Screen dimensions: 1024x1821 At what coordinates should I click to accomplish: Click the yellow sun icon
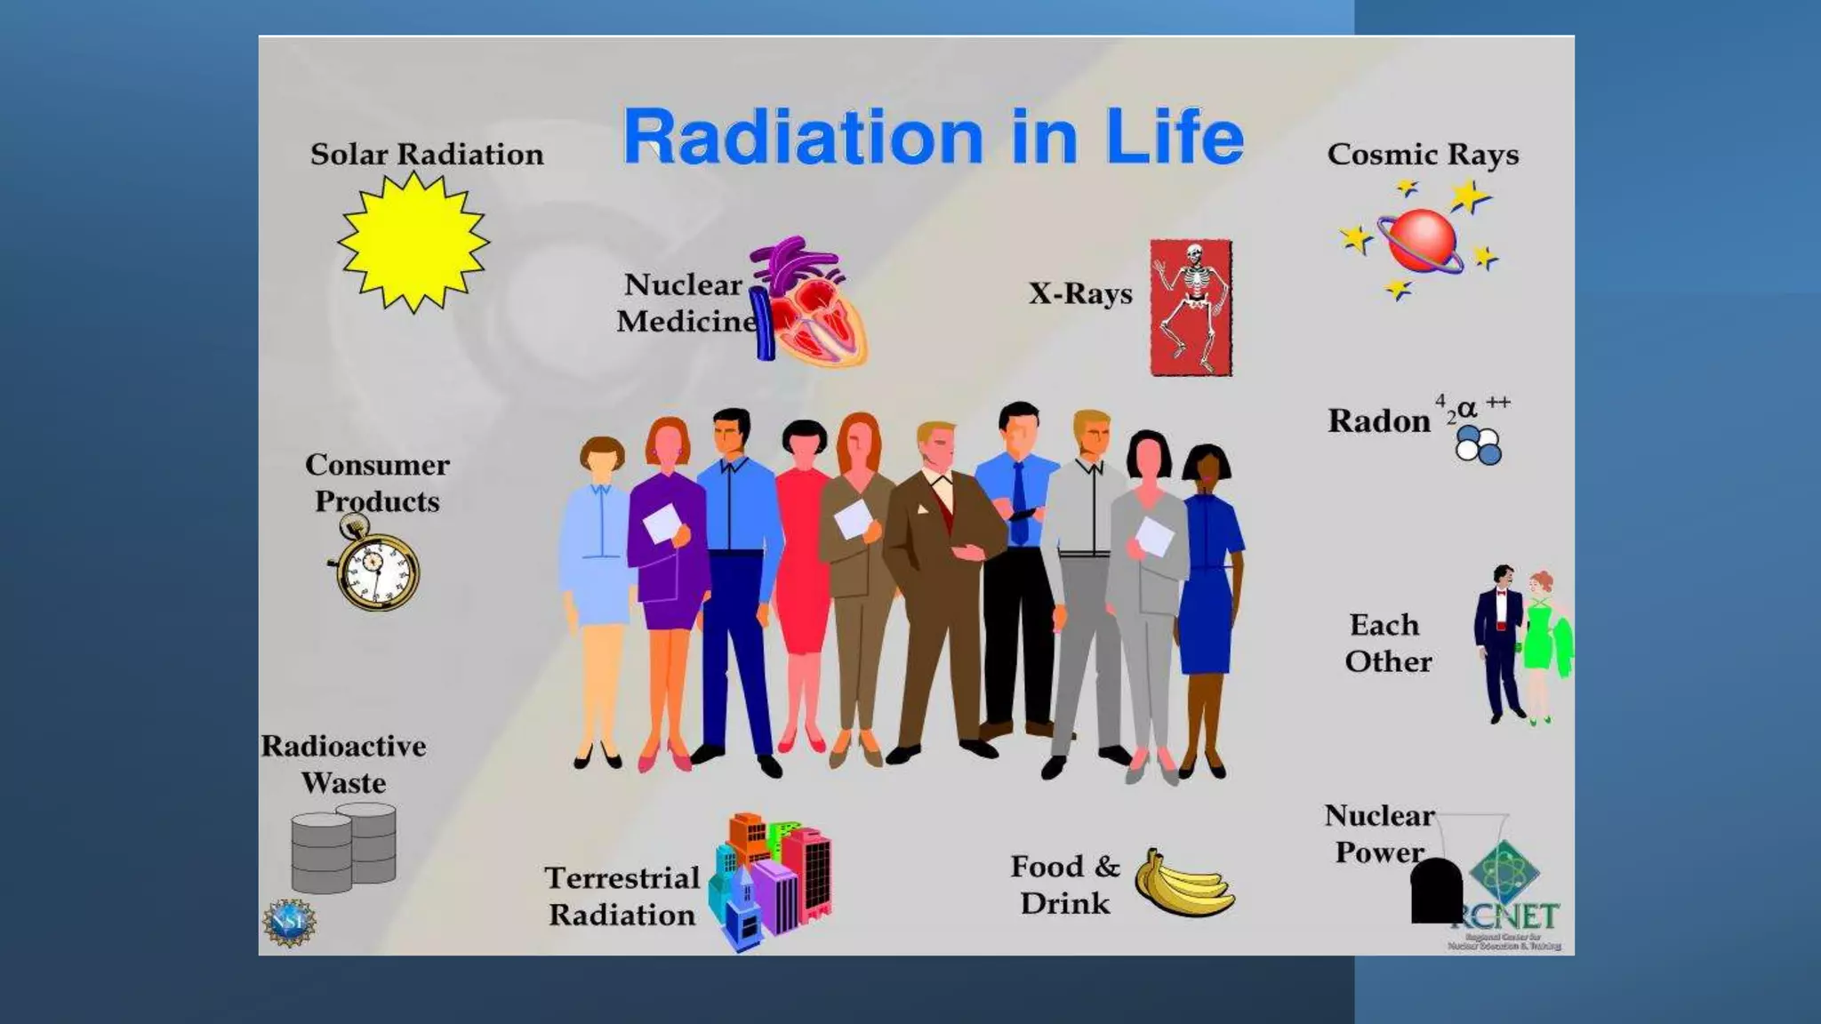[413, 242]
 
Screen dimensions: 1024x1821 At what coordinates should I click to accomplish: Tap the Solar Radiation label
[427, 155]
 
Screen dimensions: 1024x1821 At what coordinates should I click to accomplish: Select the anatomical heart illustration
[807, 302]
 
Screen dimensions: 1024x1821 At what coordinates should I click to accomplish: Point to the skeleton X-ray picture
[1191, 307]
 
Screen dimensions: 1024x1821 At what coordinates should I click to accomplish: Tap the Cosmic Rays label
[1423, 155]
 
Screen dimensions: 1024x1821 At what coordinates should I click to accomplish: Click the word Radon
[1378, 421]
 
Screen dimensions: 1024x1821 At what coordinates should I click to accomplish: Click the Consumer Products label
[377, 483]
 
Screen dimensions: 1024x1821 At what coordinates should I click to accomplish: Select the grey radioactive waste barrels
[344, 848]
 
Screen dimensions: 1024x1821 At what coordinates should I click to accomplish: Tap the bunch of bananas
[1183, 884]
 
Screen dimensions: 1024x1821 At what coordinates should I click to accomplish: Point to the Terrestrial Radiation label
[622, 896]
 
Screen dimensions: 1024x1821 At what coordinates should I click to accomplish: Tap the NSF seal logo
[289, 923]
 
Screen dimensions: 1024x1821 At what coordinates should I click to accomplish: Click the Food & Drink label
[1065, 884]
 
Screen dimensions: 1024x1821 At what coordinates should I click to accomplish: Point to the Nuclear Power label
[1379, 834]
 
